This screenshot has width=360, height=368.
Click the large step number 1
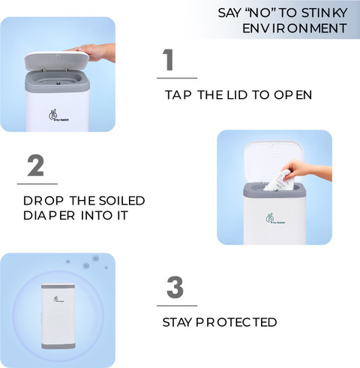click(168, 60)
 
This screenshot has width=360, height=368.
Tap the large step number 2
click(36, 166)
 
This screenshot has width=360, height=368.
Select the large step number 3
click(175, 287)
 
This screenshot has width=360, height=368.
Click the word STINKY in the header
click(325, 13)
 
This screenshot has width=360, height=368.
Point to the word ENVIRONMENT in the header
click(295, 28)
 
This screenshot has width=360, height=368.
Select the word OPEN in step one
click(292, 95)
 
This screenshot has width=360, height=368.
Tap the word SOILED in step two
click(121, 201)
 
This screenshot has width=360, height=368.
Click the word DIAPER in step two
click(49, 216)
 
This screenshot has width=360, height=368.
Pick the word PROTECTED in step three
click(236, 322)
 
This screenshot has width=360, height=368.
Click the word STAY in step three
click(177, 322)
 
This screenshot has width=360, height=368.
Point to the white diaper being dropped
click(278, 181)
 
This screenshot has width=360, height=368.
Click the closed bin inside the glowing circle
click(58, 316)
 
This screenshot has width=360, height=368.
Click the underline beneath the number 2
click(37, 184)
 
